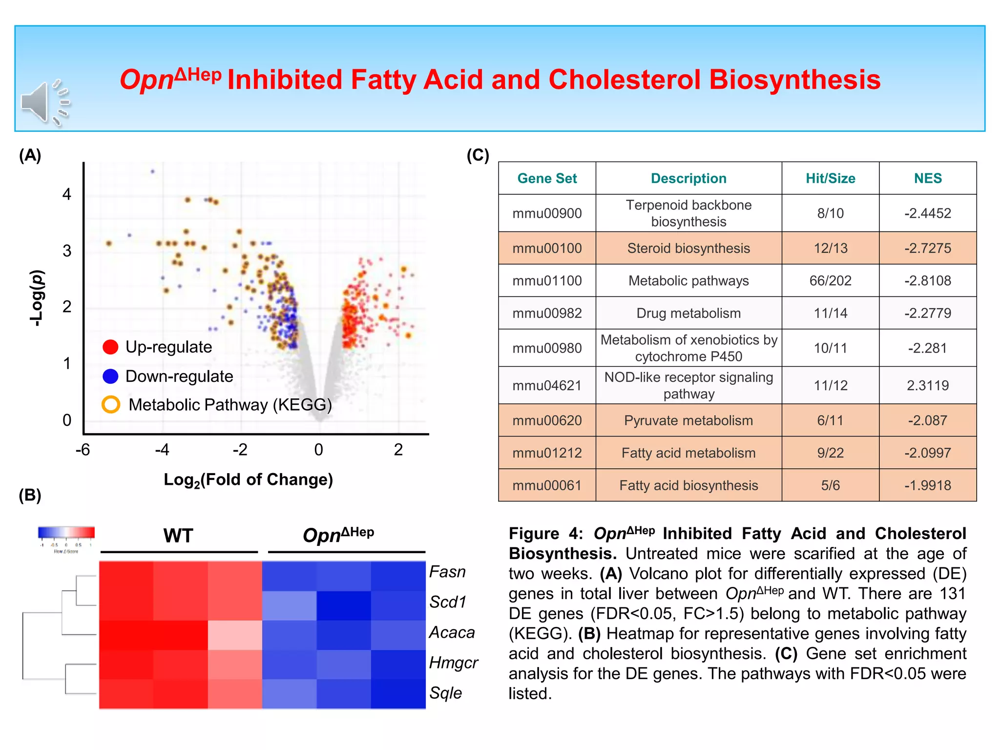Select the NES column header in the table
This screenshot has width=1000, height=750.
pyautogui.click(x=927, y=178)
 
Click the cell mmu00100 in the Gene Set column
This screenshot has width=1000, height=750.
pyautogui.click(x=547, y=248)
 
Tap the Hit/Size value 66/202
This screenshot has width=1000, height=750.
pyautogui.click(x=830, y=281)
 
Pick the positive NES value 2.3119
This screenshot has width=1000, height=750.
pyautogui.click(x=927, y=385)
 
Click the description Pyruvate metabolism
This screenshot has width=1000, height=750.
pyautogui.click(x=688, y=420)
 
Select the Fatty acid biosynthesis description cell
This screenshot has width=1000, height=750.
pyautogui.click(x=688, y=485)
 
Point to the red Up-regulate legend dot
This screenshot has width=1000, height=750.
pyautogui.click(x=111, y=347)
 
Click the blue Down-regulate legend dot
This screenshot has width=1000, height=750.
pyautogui.click(x=111, y=376)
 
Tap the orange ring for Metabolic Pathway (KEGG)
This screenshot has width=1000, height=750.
pyautogui.click(x=111, y=404)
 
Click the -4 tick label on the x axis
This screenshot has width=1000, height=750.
pyautogui.click(x=162, y=450)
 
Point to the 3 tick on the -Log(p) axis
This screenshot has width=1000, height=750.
pyautogui.click(x=67, y=251)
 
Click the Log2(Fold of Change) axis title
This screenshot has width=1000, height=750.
pyautogui.click(x=248, y=480)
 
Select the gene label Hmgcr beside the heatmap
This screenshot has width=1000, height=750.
pyautogui.click(x=453, y=663)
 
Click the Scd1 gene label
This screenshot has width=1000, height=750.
pyautogui.click(x=447, y=602)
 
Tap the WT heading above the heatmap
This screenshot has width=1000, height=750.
pyautogui.click(x=178, y=536)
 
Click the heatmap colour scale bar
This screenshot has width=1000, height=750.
pyautogui.click(x=66, y=532)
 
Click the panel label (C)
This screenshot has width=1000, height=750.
pyautogui.click(x=478, y=155)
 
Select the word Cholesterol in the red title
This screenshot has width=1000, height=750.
pyautogui.click(x=625, y=80)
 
